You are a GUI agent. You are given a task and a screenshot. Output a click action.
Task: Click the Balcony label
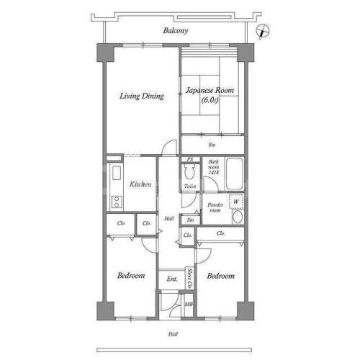(x=176, y=30)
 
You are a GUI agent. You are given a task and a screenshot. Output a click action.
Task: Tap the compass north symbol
(x=263, y=31)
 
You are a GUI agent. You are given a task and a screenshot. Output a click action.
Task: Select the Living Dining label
(x=142, y=96)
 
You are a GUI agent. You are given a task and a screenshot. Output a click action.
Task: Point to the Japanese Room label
(x=210, y=91)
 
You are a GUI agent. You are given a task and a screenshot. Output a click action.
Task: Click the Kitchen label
(x=140, y=184)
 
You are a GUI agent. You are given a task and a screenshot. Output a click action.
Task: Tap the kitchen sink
(x=117, y=172)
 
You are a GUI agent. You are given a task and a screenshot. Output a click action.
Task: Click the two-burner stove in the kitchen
(x=117, y=202)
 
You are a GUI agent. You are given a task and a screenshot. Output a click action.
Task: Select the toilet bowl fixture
(x=189, y=172)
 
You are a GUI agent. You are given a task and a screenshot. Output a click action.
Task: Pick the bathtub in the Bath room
(x=234, y=174)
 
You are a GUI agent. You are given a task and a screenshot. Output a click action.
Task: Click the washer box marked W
(x=236, y=202)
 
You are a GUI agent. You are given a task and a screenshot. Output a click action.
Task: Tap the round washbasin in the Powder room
(x=238, y=217)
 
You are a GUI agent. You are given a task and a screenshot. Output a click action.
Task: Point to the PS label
(x=190, y=159)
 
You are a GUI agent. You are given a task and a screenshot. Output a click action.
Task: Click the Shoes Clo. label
(x=190, y=278)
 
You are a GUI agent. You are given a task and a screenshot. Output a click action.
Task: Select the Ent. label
(x=172, y=279)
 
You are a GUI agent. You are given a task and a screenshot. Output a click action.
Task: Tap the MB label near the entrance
(x=189, y=305)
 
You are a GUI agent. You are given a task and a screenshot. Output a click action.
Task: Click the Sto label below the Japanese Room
(x=212, y=145)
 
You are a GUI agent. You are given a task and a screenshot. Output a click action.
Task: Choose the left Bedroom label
(x=131, y=275)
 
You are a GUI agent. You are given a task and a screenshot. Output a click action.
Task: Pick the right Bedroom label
(x=221, y=276)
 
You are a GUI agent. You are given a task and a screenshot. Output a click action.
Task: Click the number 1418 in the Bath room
(x=214, y=172)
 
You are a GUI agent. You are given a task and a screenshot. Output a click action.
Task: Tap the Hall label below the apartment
(x=173, y=334)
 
